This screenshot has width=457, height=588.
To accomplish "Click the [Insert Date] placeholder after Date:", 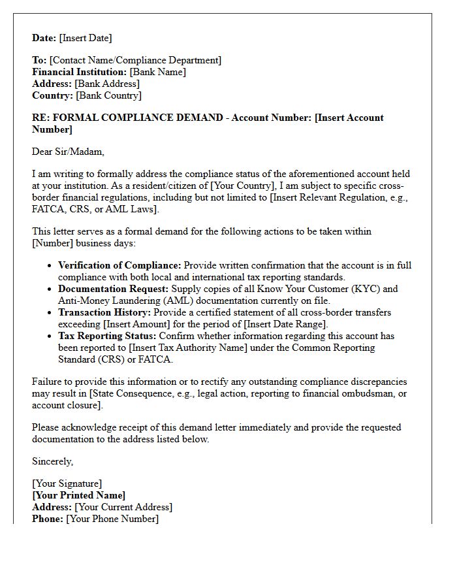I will (86, 38).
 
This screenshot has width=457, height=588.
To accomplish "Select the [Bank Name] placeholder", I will (157, 72).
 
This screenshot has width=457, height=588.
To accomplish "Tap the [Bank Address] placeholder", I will (107, 84).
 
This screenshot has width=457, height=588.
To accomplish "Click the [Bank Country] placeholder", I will (108, 95).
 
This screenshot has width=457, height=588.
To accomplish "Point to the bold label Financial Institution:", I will (80, 72).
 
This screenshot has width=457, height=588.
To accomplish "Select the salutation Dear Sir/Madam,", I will (68, 152).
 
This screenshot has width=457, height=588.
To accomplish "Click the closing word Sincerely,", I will (53, 461).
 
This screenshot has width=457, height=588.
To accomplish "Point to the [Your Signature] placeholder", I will (67, 483).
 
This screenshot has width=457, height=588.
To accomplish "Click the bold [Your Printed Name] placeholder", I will (78, 495).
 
